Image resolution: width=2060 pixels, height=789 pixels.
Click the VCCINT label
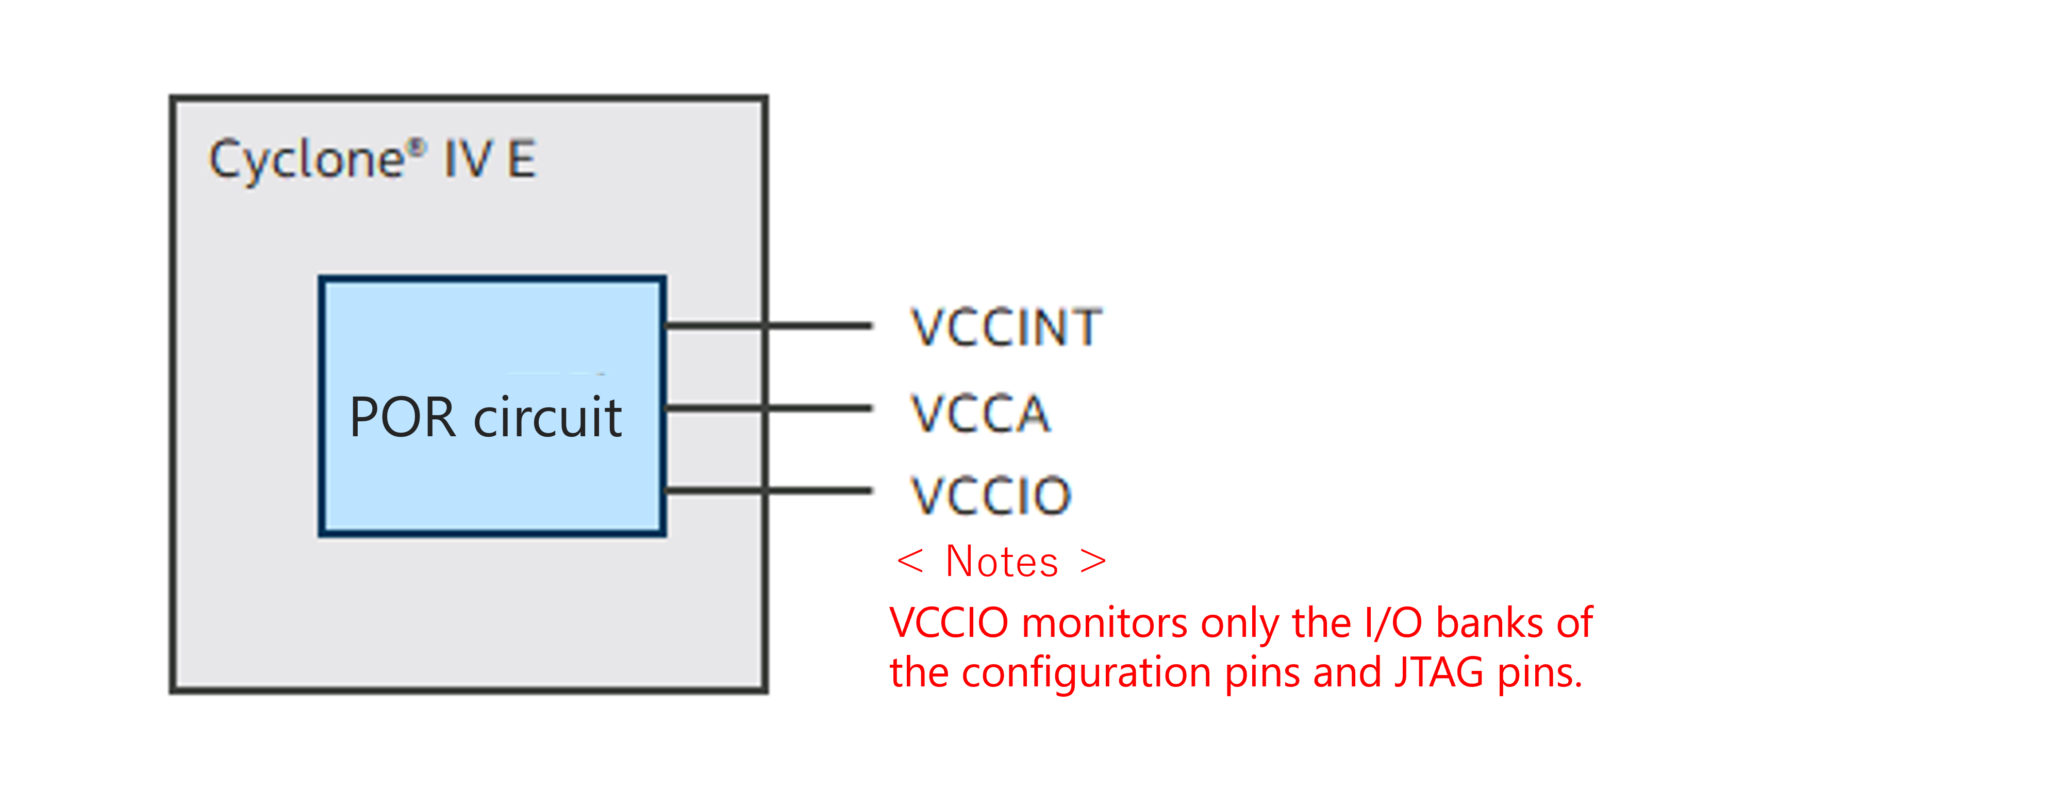click(x=1006, y=327)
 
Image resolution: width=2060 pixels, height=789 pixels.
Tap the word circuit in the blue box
click(x=548, y=418)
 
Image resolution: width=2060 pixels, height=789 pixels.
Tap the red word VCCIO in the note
click(x=949, y=622)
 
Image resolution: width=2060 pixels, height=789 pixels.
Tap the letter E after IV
click(x=521, y=159)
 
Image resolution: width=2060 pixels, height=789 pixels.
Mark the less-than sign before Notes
click(x=910, y=561)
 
